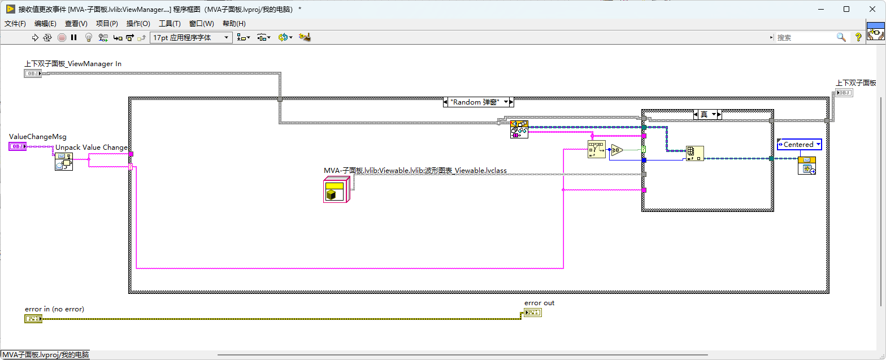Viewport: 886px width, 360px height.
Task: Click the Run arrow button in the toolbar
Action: (x=35, y=37)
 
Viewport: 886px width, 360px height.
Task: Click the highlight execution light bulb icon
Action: (x=89, y=37)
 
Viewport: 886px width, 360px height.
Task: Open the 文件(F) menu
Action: (x=15, y=24)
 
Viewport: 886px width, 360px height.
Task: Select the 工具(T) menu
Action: (x=170, y=24)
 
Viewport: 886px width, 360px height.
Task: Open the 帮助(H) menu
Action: (x=234, y=24)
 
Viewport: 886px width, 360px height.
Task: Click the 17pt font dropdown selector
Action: (x=191, y=37)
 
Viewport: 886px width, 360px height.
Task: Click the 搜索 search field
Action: (x=805, y=37)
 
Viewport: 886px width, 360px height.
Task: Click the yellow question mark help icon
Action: (x=858, y=37)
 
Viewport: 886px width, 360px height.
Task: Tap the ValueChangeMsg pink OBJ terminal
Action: (x=18, y=146)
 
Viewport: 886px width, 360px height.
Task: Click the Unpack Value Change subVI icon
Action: (x=64, y=162)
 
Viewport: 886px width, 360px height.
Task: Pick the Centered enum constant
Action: (x=800, y=145)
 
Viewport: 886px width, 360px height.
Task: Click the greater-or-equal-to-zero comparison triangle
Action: (x=616, y=150)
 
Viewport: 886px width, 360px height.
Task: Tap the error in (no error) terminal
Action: (x=33, y=319)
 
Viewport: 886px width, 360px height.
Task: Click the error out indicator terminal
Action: (x=533, y=313)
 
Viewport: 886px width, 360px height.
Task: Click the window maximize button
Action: (x=846, y=9)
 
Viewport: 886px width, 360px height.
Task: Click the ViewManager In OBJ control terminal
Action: (x=32, y=73)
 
